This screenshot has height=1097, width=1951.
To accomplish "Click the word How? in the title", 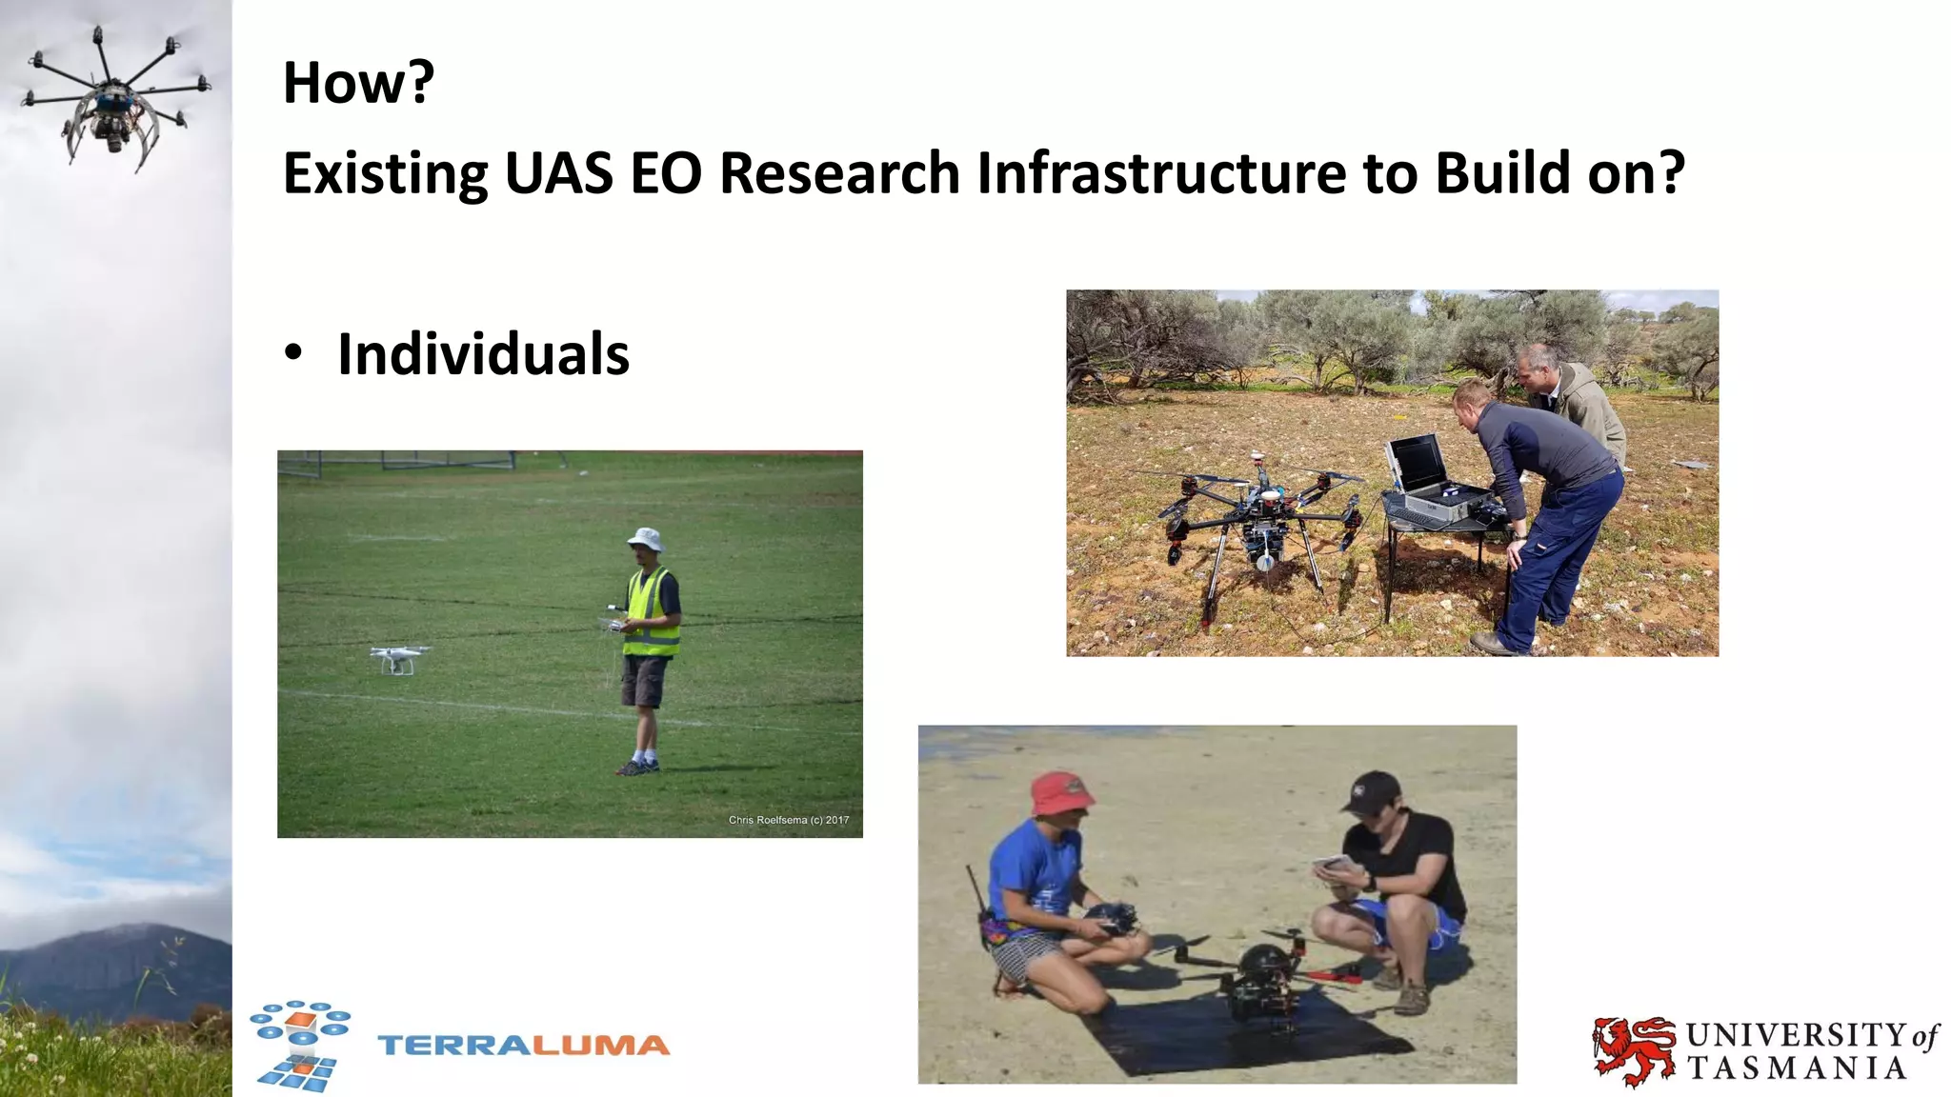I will click(x=358, y=83).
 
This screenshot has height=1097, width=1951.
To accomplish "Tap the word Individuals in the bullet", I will click(x=483, y=354).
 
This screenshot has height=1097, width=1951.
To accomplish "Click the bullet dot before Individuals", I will click(x=293, y=353).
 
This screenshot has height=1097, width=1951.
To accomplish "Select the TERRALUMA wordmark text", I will click(x=523, y=1046).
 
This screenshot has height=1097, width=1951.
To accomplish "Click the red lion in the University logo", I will click(x=1633, y=1050).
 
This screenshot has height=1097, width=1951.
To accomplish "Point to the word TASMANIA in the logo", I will click(x=1797, y=1068).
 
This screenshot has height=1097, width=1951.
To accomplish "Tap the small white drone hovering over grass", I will click(x=398, y=659).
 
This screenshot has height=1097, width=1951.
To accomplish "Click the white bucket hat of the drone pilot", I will click(x=646, y=539).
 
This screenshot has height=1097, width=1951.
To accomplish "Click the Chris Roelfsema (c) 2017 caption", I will click(x=788, y=820).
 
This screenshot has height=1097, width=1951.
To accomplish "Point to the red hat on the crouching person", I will click(x=1060, y=792).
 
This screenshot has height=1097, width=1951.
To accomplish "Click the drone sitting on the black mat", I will click(x=1262, y=981).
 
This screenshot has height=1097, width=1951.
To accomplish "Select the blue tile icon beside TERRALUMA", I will click(x=299, y=1046).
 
